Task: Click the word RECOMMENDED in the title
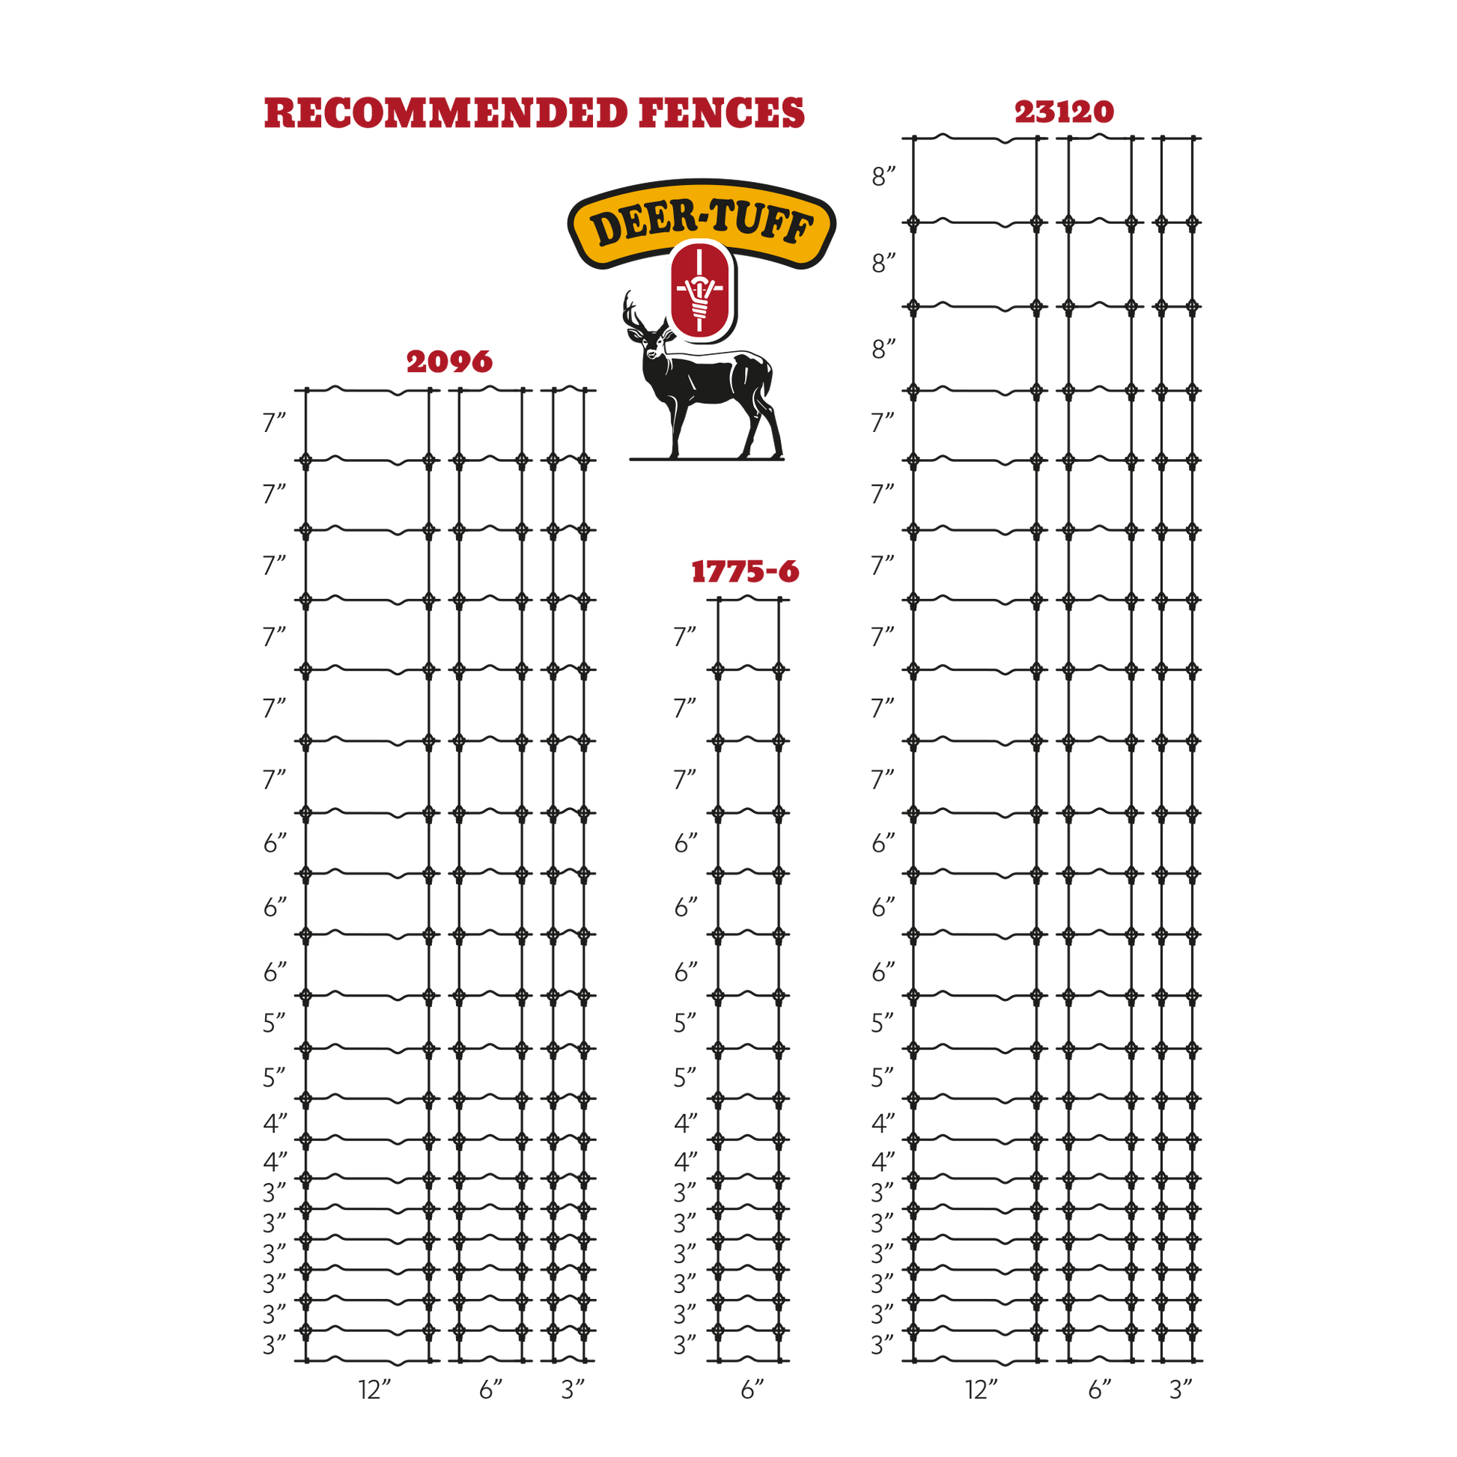[x=445, y=114]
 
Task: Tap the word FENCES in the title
[x=722, y=114]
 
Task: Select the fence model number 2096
[x=449, y=362]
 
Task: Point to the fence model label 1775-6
[x=745, y=571]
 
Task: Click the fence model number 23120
[x=1064, y=112]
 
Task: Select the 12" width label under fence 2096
[x=375, y=1389]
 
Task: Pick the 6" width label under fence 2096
[x=491, y=1389]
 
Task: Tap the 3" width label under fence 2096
[x=574, y=1389]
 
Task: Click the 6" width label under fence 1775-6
[x=752, y=1389]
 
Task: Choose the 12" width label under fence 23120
[x=982, y=1389]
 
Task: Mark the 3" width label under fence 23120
[x=1181, y=1389]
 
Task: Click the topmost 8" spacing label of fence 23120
[x=883, y=177]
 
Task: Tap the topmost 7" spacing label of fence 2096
[x=275, y=423]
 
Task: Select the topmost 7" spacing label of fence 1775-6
[x=686, y=636]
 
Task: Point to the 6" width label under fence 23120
[x=1101, y=1389]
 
